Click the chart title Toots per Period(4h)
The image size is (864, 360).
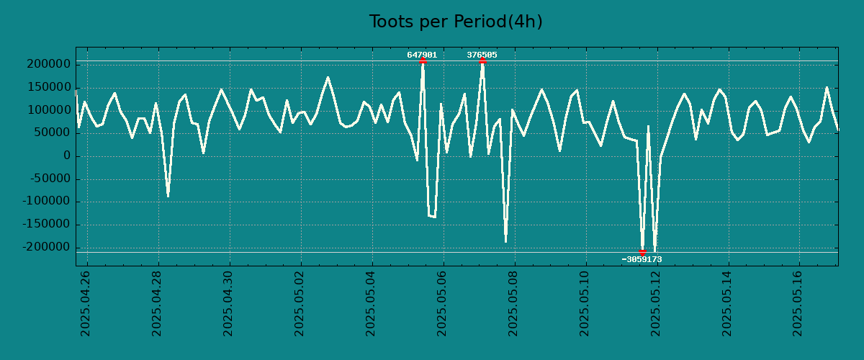[456, 22]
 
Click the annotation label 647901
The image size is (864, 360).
[422, 55]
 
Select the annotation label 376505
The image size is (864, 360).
[482, 55]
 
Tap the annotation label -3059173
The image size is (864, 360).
[642, 259]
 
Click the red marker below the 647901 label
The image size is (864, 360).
[423, 61]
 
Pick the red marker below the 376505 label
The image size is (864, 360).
[482, 61]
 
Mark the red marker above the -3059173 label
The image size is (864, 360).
[642, 252]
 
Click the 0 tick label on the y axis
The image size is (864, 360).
[66, 156]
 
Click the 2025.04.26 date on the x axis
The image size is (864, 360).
[86, 303]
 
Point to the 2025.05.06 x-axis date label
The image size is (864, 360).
[442, 303]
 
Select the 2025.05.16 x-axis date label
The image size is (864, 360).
[798, 303]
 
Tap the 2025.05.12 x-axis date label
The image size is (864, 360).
[655, 303]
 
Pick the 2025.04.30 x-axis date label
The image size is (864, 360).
[228, 303]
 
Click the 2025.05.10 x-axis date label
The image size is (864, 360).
[584, 303]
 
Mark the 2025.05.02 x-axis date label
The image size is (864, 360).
[300, 303]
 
